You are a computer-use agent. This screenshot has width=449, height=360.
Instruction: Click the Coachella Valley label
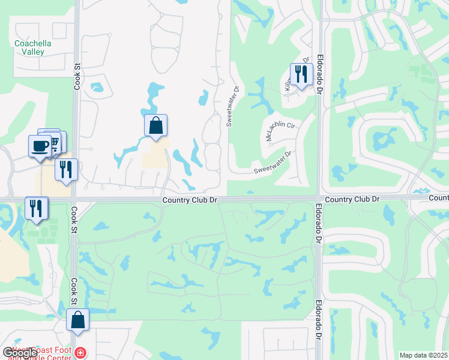pyautogui.click(x=33, y=47)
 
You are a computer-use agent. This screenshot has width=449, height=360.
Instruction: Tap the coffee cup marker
pyautogui.click(x=40, y=146)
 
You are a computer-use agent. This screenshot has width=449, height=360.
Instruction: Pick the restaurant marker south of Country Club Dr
pyautogui.click(x=36, y=208)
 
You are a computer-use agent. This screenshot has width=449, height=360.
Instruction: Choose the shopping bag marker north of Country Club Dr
pyautogui.click(x=155, y=126)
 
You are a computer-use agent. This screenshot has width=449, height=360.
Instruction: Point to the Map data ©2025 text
pyautogui.click(x=423, y=355)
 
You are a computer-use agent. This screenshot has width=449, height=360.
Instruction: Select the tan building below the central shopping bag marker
pyautogui.click(x=155, y=157)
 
